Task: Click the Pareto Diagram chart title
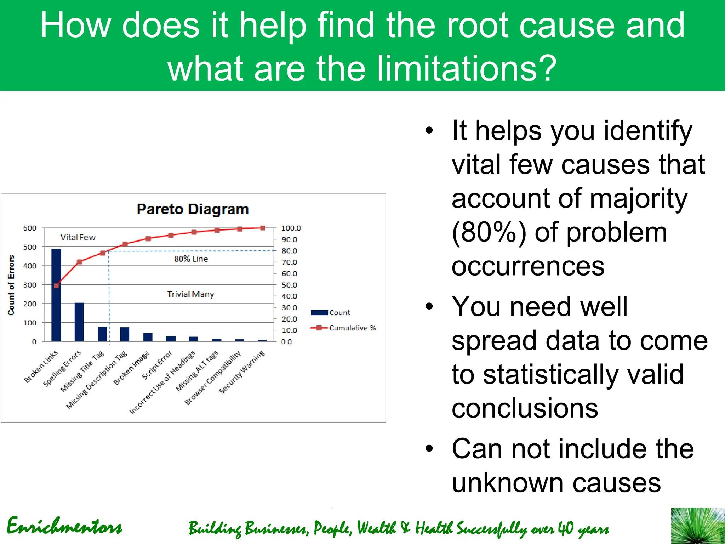point(193,209)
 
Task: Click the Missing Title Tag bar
point(102,334)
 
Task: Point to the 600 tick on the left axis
point(30,228)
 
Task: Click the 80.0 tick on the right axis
point(289,251)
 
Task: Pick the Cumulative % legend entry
point(343,328)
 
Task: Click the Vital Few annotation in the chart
point(78,237)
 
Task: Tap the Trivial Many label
point(190,294)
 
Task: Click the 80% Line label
point(191,259)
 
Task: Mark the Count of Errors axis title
point(11,285)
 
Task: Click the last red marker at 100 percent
point(263,228)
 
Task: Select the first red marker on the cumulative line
point(57,285)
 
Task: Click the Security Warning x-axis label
point(242,372)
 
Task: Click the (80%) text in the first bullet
point(489,232)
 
